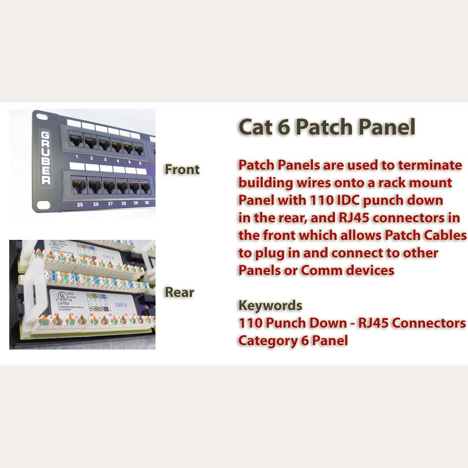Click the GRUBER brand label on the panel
[45, 157]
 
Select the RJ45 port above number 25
[79, 185]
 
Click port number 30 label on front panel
[147, 203]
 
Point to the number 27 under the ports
[110, 204]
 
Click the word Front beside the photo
[182, 170]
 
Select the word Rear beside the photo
[179, 292]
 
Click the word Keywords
[270, 306]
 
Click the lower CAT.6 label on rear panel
[121, 305]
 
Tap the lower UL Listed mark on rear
[62, 297]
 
